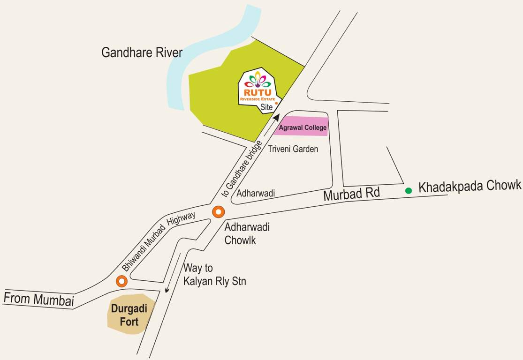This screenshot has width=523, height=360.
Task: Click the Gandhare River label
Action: tap(142, 52)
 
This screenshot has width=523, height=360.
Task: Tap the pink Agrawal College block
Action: tap(301, 127)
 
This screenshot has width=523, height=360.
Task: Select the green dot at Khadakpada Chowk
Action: tap(409, 190)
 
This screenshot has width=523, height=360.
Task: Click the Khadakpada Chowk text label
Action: tap(470, 186)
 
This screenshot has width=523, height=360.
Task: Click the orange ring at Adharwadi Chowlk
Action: tap(218, 212)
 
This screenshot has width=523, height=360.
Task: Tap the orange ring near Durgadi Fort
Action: tap(122, 281)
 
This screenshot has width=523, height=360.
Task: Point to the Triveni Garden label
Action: tap(293, 149)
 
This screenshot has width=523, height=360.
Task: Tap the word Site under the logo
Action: tap(266, 108)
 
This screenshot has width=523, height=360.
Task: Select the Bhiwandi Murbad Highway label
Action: tap(159, 241)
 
